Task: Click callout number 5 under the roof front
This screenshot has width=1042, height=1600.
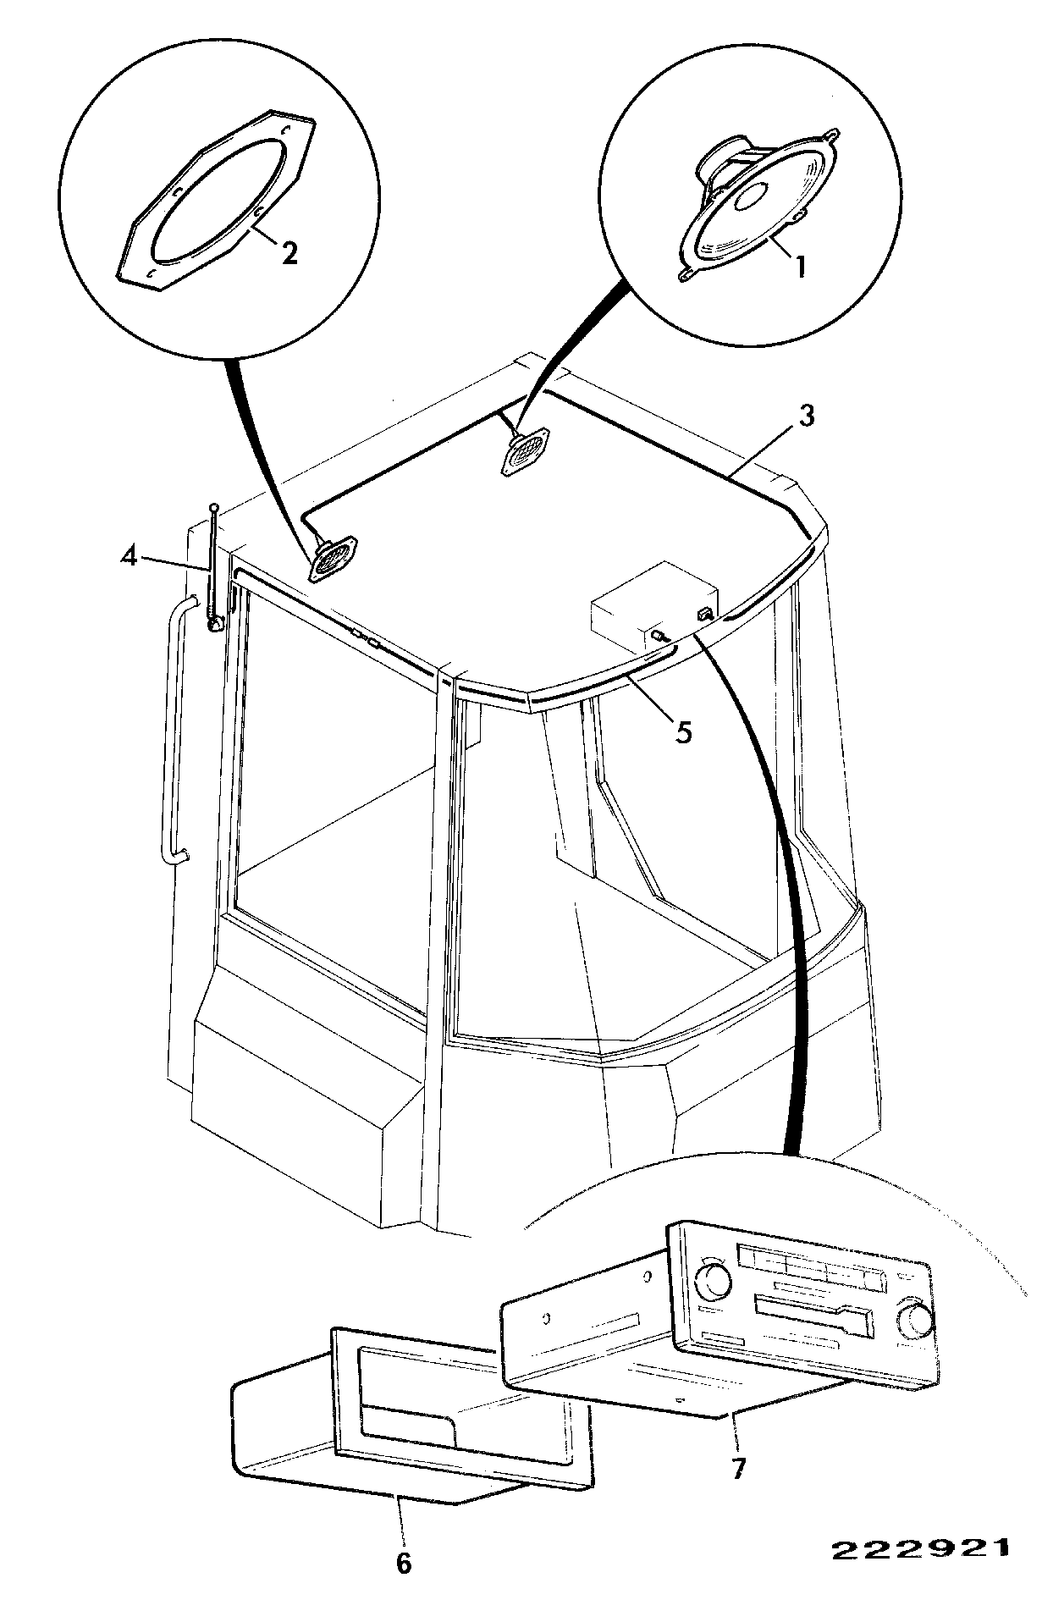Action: coord(683,731)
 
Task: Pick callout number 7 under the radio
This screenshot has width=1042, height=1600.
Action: coord(738,1469)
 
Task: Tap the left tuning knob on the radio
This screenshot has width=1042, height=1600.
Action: coord(714,1279)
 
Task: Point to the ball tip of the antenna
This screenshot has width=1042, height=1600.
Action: coord(214,507)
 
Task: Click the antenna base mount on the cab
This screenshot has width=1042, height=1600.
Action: coord(215,625)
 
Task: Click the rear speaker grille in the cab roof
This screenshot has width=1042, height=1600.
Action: coord(527,453)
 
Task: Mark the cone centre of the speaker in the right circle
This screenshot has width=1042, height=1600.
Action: coord(750,198)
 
